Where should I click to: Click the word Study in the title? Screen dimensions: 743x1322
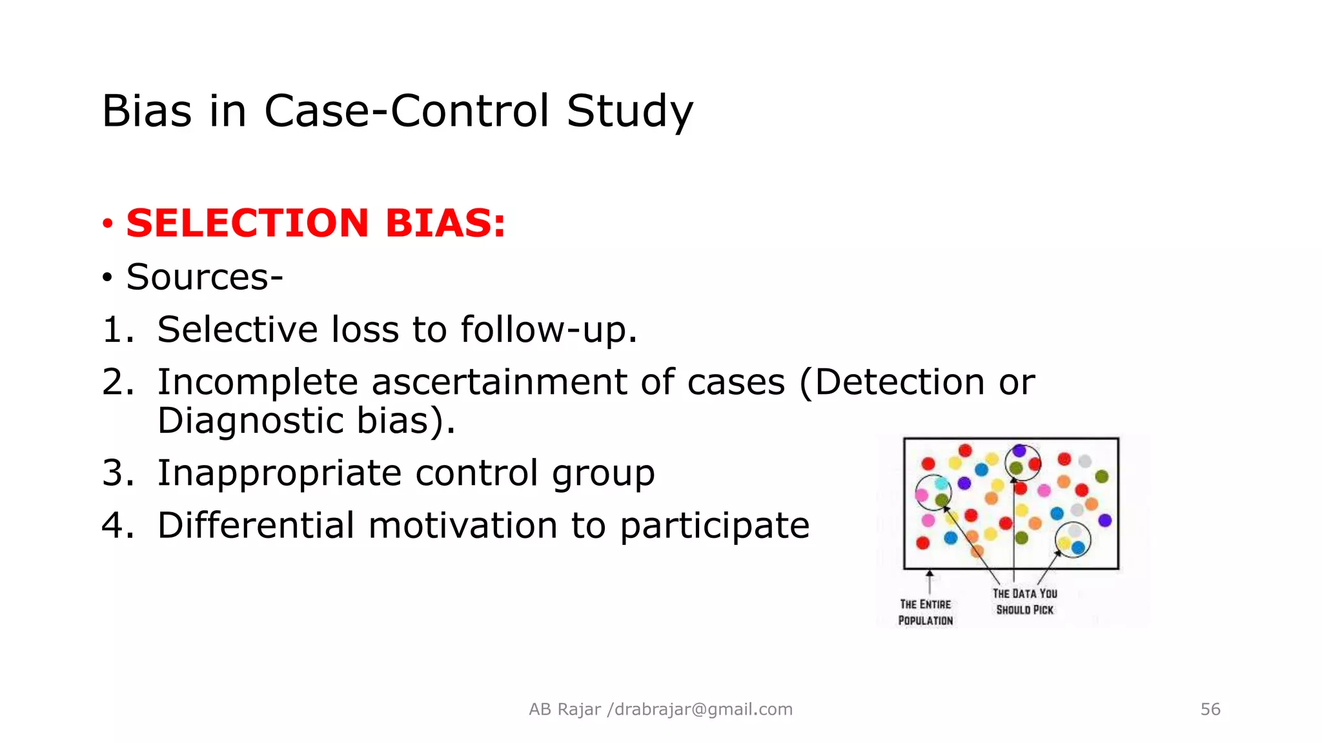(629, 111)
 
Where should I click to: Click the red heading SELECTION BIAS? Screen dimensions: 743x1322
(316, 223)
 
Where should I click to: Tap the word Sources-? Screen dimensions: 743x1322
(205, 277)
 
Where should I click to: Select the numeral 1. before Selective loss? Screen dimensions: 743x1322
(118, 330)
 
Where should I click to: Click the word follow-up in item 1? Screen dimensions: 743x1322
(548, 330)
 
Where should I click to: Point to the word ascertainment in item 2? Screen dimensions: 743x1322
(499, 382)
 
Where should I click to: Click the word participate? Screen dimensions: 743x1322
(715, 525)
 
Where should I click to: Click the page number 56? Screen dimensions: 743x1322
(1210, 709)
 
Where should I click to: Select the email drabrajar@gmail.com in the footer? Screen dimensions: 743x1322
(704, 709)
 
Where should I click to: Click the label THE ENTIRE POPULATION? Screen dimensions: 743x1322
(926, 612)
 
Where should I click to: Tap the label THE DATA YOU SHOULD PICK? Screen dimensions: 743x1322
(1024, 601)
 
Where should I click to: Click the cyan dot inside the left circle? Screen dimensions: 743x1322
(941, 484)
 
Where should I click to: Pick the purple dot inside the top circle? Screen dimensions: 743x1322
(1019, 451)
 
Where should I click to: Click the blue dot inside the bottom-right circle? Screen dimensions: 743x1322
(1078, 548)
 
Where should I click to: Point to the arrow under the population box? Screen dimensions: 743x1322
(930, 581)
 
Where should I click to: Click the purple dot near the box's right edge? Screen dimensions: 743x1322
(1105, 520)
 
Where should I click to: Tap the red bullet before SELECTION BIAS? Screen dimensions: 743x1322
(108, 224)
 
